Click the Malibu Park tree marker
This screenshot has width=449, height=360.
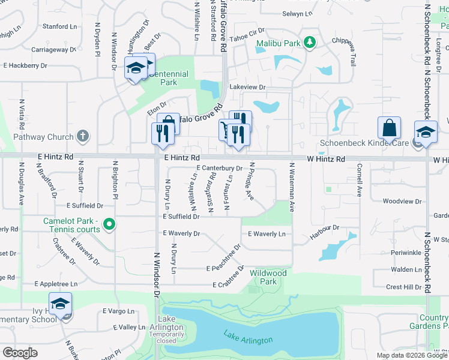click(310, 43)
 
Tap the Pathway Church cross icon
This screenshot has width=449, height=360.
click(83, 136)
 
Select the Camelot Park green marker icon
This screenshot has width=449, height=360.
click(109, 226)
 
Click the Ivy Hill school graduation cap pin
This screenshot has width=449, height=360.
click(60, 305)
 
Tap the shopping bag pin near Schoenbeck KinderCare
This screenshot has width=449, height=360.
click(389, 128)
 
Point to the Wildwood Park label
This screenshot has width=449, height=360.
click(268, 277)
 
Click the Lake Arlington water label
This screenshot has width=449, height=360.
click(248, 337)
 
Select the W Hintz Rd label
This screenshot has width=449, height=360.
click(327, 159)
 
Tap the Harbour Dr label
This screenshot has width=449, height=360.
click(325, 228)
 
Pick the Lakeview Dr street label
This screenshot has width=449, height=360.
click(247, 87)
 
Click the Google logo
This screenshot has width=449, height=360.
click(20, 353)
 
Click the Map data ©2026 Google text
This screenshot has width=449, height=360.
click(411, 355)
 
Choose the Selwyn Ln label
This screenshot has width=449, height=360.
click(297, 14)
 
